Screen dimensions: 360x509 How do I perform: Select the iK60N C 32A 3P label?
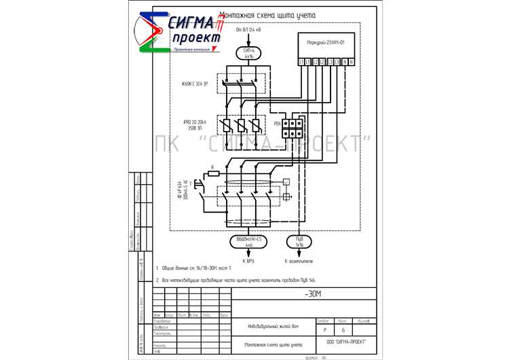coord(196,84)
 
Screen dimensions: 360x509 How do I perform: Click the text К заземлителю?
coord(299,259)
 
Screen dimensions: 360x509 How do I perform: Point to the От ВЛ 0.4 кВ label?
coord(247,31)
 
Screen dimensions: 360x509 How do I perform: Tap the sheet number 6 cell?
coord(343,329)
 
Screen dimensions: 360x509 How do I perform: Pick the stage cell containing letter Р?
coord(324,329)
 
